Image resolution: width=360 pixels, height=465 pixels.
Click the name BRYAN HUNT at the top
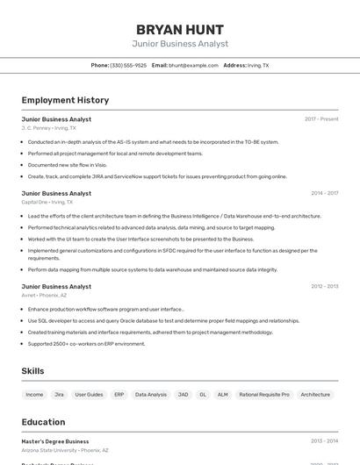click(180, 30)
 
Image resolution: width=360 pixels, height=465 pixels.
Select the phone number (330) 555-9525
click(128, 65)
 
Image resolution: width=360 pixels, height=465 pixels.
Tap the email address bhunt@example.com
click(193, 65)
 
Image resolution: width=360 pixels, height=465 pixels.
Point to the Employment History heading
click(65, 100)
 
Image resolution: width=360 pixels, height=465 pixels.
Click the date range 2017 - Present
click(321, 119)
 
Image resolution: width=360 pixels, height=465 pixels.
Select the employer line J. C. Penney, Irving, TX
click(49, 128)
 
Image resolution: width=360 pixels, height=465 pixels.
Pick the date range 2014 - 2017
click(324, 193)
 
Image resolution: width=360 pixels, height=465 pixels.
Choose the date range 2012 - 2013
click(324, 286)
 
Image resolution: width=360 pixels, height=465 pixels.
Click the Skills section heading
click(32, 371)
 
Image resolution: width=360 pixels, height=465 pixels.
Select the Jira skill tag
click(59, 395)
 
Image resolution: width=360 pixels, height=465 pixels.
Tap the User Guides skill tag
click(89, 395)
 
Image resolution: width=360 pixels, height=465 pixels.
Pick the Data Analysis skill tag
click(150, 395)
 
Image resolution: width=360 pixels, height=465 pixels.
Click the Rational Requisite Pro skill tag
click(264, 395)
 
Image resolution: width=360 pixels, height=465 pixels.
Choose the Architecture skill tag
click(315, 395)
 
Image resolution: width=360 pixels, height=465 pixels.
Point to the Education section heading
click(43, 422)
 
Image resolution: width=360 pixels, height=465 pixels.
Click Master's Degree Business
click(55, 441)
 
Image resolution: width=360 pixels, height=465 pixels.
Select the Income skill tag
click(34, 395)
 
